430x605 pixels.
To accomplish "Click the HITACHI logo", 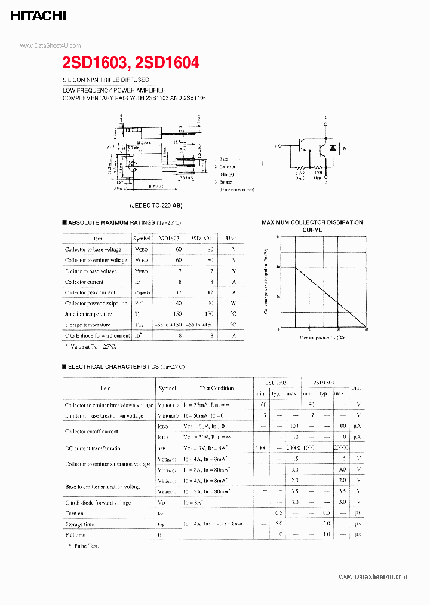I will click(38, 16).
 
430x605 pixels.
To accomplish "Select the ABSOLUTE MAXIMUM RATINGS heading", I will click(111, 222).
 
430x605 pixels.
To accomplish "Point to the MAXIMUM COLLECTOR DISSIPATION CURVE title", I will click(312, 225).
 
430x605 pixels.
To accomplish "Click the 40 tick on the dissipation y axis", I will click(278, 267).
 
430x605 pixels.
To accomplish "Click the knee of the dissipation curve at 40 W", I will click(296, 267).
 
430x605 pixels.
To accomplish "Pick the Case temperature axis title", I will click(322, 338).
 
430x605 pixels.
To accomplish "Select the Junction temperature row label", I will click(88, 314).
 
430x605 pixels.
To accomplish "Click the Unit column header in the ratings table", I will click(231, 238).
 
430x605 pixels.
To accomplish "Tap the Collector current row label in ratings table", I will click(84, 282).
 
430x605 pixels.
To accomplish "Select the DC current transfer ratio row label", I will click(93, 448).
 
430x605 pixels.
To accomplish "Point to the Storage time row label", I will click(79, 524).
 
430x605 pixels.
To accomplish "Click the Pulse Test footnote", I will click(85, 545).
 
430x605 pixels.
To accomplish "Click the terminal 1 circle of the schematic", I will click(281, 145).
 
